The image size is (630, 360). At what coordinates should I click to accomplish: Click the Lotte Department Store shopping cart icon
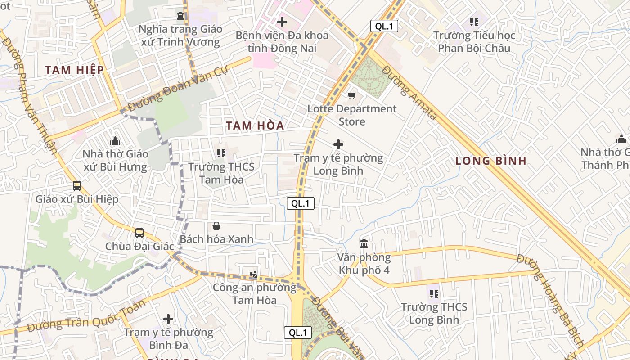click(x=352, y=95)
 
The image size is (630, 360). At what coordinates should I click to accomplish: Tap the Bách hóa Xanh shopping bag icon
click(x=216, y=226)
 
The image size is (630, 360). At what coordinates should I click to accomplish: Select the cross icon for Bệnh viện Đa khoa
click(x=282, y=22)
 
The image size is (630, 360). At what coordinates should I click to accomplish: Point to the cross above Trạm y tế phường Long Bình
click(x=338, y=144)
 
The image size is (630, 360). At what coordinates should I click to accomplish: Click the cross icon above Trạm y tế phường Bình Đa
click(x=168, y=319)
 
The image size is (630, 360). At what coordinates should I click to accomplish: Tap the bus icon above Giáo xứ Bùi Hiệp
click(x=77, y=185)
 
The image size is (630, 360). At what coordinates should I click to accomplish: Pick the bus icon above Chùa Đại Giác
click(x=139, y=233)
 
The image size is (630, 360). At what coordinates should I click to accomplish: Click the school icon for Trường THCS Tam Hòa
click(x=221, y=153)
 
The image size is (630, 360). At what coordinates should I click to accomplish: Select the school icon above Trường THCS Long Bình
click(x=434, y=294)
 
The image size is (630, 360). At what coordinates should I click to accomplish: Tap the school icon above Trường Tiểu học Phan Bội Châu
click(x=474, y=22)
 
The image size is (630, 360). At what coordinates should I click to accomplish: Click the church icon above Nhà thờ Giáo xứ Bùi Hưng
click(x=115, y=140)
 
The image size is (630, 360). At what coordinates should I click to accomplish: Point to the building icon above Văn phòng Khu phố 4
click(x=364, y=244)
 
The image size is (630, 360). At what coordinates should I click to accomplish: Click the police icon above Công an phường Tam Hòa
click(x=254, y=273)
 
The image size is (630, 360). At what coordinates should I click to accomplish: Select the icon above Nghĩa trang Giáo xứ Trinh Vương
click(x=180, y=16)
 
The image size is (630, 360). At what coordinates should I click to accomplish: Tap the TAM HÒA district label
click(x=255, y=126)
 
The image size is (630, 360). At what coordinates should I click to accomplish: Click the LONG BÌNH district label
click(x=491, y=161)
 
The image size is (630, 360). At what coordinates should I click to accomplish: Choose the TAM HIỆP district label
click(x=75, y=70)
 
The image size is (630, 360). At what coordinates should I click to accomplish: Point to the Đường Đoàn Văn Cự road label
click(x=178, y=88)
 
